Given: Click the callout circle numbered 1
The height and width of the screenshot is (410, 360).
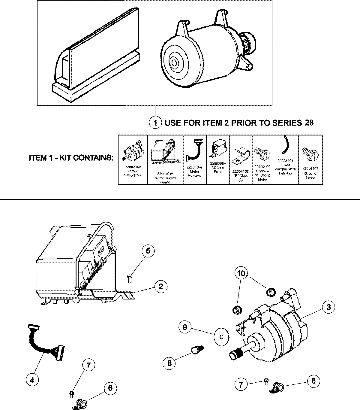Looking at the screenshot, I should [x=155, y=123].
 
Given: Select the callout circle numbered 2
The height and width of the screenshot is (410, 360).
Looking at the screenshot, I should [x=161, y=286].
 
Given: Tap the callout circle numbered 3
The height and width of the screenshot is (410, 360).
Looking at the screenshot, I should [x=329, y=307].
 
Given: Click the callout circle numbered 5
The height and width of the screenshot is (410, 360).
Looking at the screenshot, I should [x=148, y=251].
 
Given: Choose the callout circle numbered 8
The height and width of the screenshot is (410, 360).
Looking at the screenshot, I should [x=169, y=363].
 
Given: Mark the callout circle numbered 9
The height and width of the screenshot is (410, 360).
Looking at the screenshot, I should [x=185, y=327].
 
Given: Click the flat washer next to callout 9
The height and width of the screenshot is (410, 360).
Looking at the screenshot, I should [x=221, y=337].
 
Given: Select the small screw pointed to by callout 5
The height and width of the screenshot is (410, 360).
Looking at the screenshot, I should [x=130, y=278].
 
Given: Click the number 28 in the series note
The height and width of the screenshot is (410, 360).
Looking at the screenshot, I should [x=309, y=123].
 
